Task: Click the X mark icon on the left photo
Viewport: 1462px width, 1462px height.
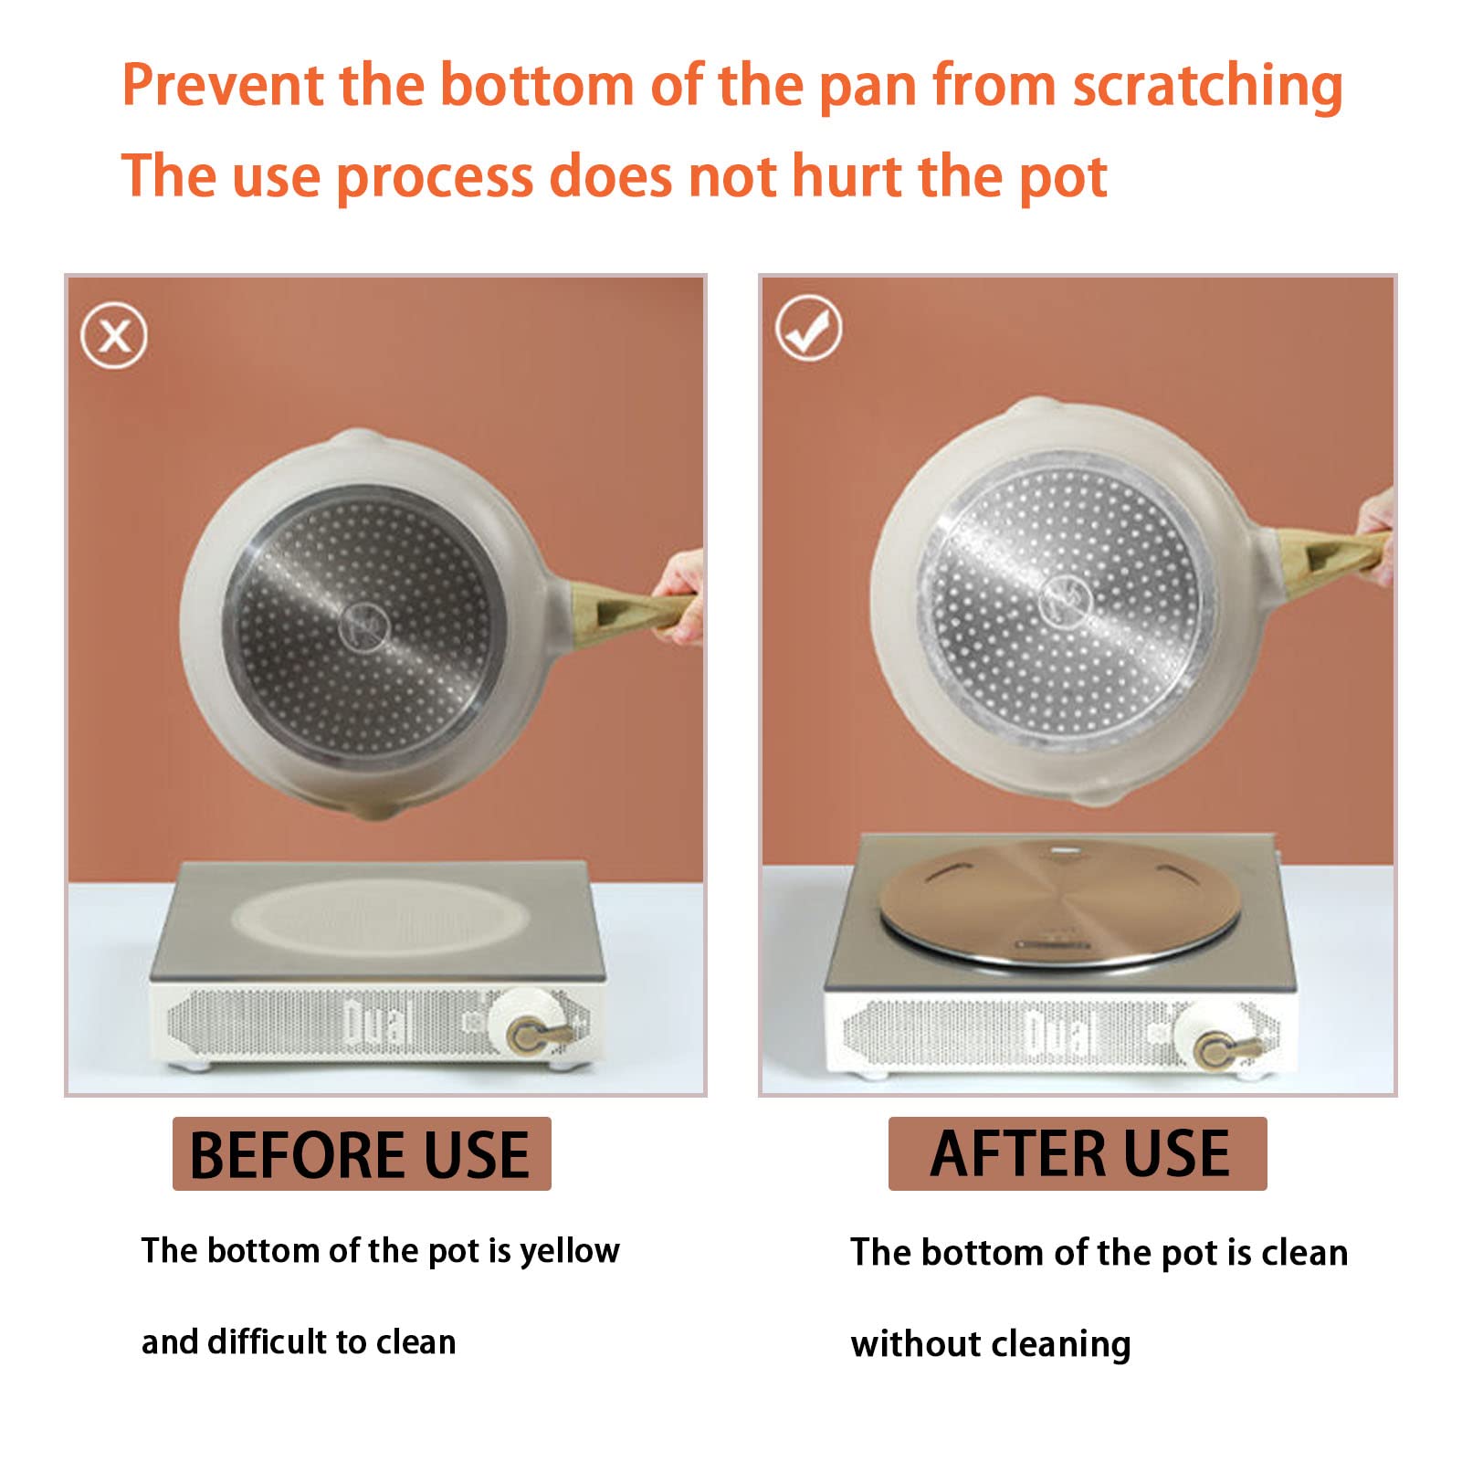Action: click(113, 336)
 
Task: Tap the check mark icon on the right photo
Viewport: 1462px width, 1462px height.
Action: click(808, 328)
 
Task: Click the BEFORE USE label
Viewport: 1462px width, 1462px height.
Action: click(362, 1153)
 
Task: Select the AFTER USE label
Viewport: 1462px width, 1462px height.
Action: click(1078, 1153)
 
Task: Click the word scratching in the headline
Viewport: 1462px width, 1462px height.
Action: click(1207, 87)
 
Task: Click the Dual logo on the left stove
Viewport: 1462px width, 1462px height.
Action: click(376, 1022)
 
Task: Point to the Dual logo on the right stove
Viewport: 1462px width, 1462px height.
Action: click(1061, 1032)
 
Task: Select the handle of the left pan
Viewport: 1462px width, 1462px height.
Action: click(632, 610)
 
